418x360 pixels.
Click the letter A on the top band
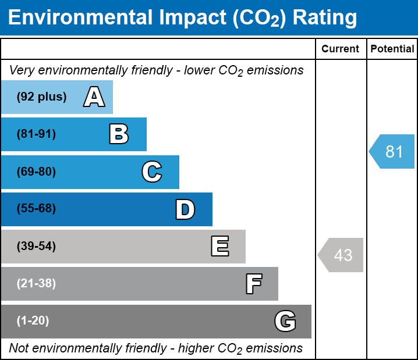(94, 97)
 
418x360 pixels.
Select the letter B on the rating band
(119, 134)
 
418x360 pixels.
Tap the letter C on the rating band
(152, 172)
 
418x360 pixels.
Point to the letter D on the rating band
(185, 209)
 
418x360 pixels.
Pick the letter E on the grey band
(219, 247)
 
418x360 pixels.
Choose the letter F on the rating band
(253, 284)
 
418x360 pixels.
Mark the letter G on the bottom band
(285, 321)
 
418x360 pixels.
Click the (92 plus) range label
(41, 97)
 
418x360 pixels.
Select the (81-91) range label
(36, 134)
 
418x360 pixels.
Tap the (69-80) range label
(36, 172)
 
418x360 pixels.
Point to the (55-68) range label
(36, 209)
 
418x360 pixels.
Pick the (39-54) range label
(36, 247)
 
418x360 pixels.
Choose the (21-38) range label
(36, 284)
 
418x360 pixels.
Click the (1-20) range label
(33, 321)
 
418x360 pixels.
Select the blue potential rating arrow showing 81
(392, 152)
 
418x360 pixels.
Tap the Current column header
(341, 49)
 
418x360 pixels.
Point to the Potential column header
(392, 49)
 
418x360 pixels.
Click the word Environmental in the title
(79, 18)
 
